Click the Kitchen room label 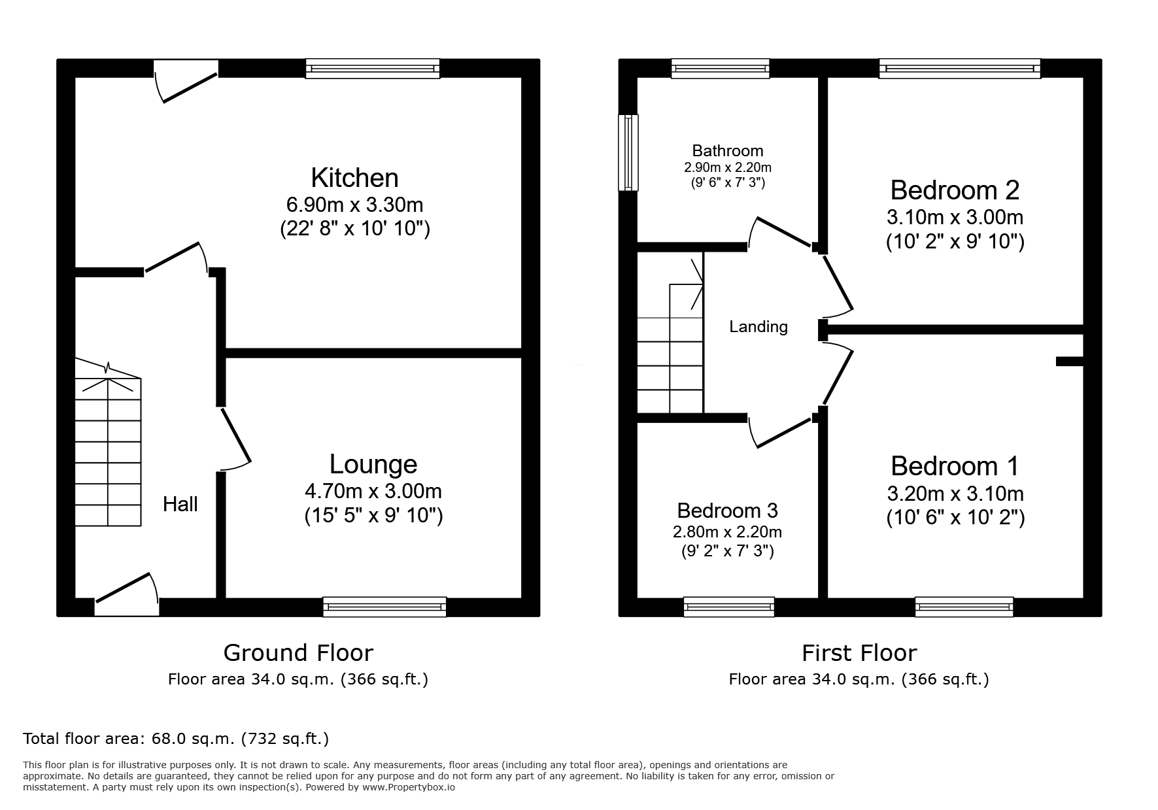[354, 178]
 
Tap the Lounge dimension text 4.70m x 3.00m [373, 491]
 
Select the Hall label [180, 504]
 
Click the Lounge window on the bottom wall [384, 607]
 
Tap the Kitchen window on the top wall [373, 69]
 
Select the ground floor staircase [108, 442]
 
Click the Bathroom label [728, 151]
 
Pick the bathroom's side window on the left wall [628, 152]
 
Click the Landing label [758, 326]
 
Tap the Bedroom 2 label [955, 190]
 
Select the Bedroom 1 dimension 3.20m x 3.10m [955, 494]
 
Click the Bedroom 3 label [727, 510]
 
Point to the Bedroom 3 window [729, 607]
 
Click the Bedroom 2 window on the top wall [959, 69]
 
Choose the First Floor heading [859, 652]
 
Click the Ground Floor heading [298, 652]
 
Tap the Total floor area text [176, 739]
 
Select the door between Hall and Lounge [235, 439]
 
